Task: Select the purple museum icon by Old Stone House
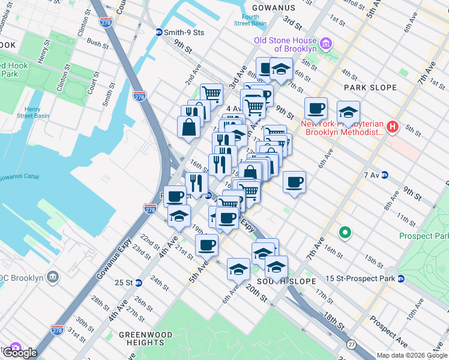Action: click(326, 43)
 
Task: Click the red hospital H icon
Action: click(393, 127)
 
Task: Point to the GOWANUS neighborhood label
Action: click(274, 8)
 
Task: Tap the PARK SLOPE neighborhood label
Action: click(370, 88)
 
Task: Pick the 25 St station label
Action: click(124, 283)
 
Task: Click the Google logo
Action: click(20, 352)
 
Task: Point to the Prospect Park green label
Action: click(428, 236)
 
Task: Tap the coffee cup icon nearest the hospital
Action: click(316, 109)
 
